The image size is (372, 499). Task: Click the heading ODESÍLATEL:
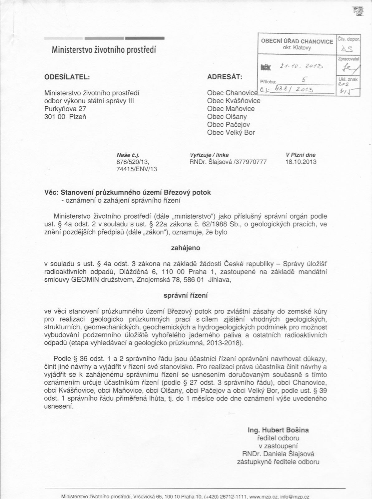(x=67, y=77)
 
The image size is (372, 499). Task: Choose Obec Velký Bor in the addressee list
(x=231, y=133)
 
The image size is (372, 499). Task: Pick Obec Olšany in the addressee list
(x=227, y=117)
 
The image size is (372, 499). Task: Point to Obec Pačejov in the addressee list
(x=228, y=125)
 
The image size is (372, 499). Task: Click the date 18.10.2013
(x=301, y=162)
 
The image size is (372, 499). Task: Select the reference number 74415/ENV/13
(x=136, y=169)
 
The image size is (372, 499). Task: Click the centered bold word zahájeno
(x=186, y=248)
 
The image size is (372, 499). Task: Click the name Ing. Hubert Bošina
(x=278, y=430)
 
